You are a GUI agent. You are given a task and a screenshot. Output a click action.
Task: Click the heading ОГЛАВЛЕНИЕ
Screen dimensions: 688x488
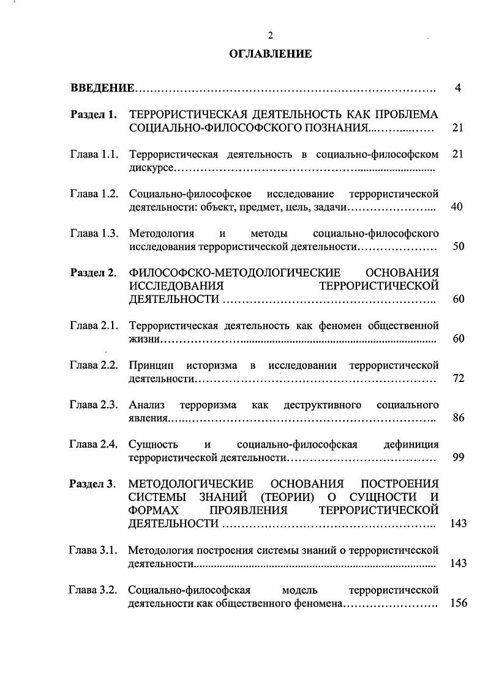tap(270, 54)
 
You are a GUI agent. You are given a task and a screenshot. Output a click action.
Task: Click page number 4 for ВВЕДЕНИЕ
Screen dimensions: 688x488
tap(457, 88)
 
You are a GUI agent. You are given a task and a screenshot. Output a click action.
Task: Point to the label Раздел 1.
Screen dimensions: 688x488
tap(93, 115)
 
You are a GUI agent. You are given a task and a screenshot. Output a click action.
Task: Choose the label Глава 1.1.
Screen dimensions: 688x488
tap(94, 154)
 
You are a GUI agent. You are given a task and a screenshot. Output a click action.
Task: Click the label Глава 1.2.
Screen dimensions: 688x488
tap(94, 194)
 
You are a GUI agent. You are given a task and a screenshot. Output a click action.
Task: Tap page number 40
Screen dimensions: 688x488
tap(457, 207)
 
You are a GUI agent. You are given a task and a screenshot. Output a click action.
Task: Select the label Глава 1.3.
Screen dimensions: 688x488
tap(94, 234)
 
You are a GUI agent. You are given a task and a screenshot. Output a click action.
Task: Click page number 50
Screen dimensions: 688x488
tap(457, 247)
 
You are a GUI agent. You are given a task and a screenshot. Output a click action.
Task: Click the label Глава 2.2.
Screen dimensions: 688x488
tap(94, 365)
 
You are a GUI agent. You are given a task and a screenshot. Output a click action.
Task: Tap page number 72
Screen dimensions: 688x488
tap(457, 378)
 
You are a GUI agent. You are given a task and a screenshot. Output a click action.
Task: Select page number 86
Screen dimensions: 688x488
tap(457, 418)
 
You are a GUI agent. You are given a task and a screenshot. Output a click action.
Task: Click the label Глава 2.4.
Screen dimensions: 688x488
tap(94, 445)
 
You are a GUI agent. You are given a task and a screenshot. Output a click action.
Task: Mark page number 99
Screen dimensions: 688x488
tap(457, 457)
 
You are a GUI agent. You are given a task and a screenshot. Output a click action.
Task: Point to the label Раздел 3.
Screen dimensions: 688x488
tap(92, 484)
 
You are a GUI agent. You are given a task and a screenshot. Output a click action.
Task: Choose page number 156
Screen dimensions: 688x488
tap(459, 603)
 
